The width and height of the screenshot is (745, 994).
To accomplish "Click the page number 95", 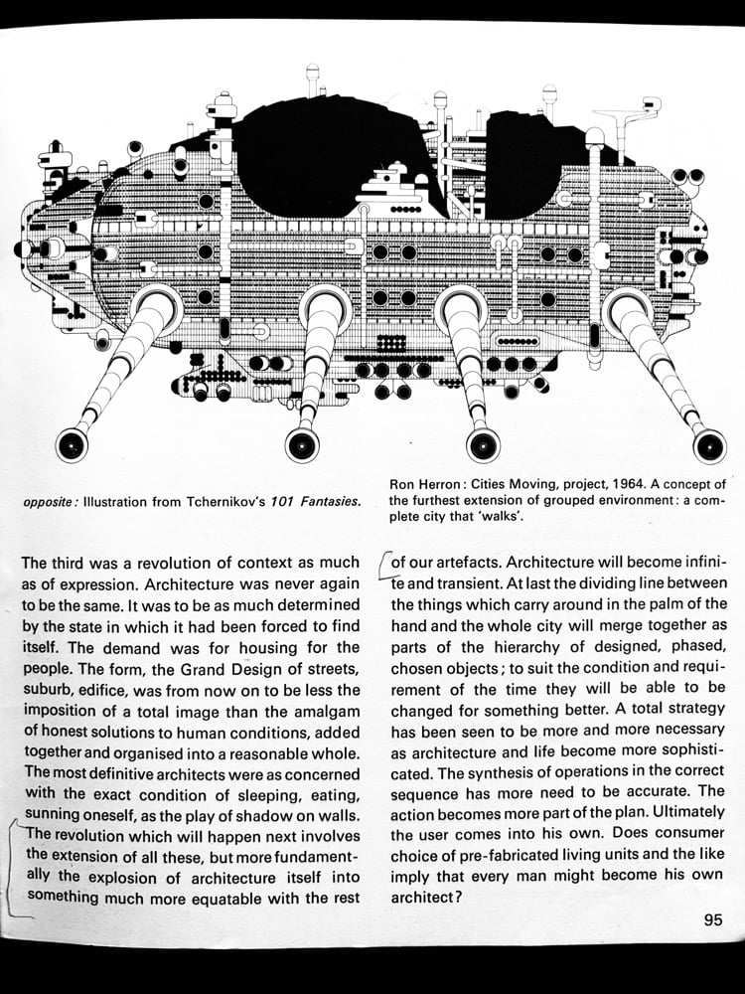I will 713,920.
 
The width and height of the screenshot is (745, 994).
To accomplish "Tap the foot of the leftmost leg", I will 71,445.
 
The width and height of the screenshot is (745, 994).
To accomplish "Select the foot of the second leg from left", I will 301,443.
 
